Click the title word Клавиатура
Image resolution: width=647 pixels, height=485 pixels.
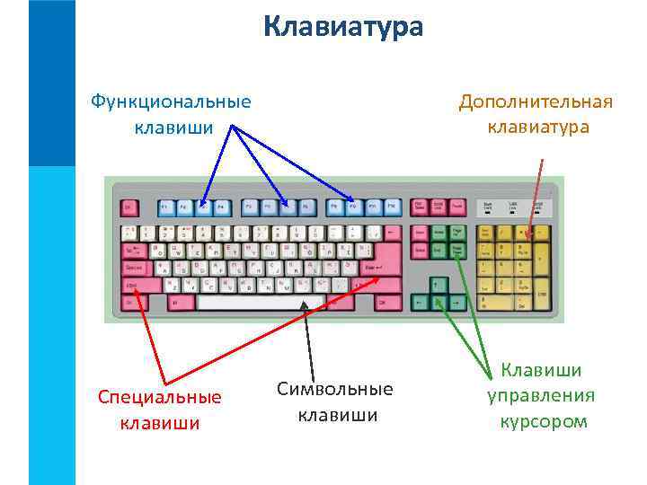[343, 27]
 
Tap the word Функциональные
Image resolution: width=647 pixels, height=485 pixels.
[171, 101]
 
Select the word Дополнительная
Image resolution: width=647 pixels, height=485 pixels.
[536, 101]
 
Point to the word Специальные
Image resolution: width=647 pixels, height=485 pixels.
[160, 396]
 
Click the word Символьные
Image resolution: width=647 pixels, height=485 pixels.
[335, 389]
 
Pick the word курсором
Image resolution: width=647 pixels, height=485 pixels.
[544, 420]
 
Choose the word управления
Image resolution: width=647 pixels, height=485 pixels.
[541, 395]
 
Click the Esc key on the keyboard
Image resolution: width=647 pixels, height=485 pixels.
[128, 207]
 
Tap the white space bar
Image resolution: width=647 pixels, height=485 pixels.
[261, 303]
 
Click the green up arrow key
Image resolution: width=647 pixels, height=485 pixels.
[440, 285]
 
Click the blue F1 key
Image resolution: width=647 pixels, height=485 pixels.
[165, 207]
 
